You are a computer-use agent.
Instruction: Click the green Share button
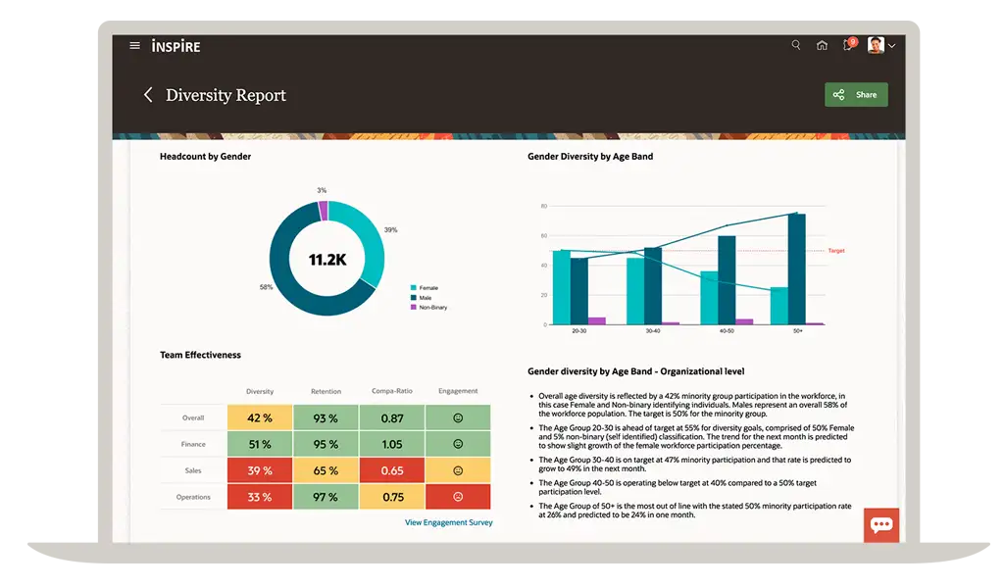coord(856,95)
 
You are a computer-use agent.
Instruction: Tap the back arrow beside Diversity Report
coord(148,95)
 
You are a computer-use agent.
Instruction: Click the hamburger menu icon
coord(134,45)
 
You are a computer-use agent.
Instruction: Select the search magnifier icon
coord(796,45)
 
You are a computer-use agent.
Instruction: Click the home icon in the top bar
coord(822,45)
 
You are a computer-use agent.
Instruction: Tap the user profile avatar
coord(876,45)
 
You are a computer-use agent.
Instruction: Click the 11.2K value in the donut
coord(327,259)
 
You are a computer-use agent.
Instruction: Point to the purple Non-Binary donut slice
coord(324,211)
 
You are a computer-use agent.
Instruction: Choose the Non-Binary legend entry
coord(429,308)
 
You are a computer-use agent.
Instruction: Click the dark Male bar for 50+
coord(796,269)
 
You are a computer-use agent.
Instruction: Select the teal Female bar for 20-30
coord(562,287)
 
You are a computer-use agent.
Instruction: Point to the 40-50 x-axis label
coord(727,331)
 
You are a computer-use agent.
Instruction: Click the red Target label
coord(836,251)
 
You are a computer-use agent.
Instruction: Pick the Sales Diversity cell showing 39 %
coord(260,470)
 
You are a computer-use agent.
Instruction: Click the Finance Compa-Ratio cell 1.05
coord(392,444)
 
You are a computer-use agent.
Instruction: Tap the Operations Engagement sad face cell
coord(458,497)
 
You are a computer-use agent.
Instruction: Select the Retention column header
coord(326,391)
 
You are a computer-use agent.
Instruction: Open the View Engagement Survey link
coord(449,522)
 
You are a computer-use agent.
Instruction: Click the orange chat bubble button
coord(881,524)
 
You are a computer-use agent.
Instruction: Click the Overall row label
coord(193,417)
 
